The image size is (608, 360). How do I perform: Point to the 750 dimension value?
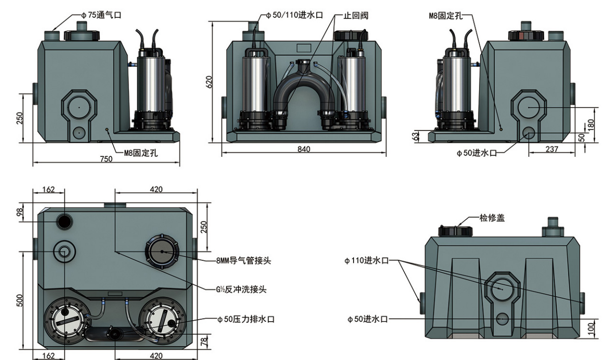click(106, 159)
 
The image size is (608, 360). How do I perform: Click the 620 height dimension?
click(210, 82)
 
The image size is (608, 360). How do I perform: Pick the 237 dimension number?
click(552, 149)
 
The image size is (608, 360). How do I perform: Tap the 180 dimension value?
click(591, 124)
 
